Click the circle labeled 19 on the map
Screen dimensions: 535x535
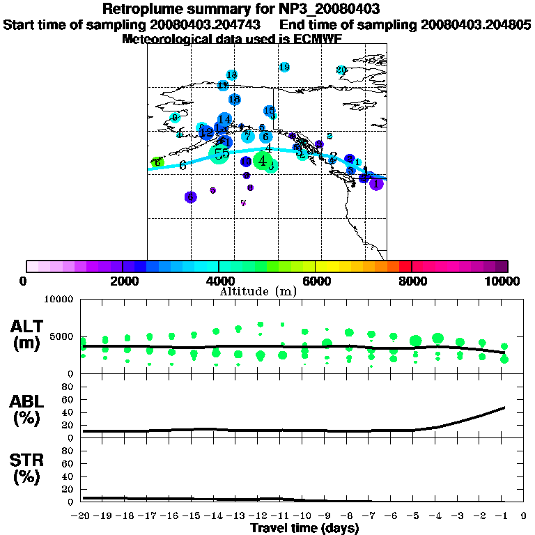point(284,67)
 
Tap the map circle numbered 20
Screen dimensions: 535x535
point(341,70)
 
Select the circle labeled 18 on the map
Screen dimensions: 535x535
point(232,75)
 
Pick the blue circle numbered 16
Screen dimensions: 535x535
point(235,100)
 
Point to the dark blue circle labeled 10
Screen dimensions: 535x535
point(246,162)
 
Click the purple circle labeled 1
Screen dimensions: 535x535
point(376,184)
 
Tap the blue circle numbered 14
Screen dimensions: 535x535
point(224,120)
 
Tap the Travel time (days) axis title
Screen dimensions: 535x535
point(304,528)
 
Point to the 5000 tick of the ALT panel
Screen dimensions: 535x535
point(61,336)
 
